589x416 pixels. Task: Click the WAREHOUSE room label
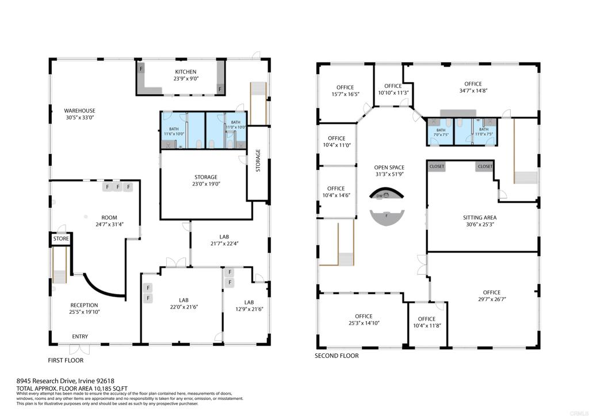79,110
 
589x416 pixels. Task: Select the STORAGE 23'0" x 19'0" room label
205,177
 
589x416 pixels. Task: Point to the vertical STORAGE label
258,161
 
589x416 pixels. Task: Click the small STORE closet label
61,238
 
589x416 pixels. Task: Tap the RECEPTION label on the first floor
84,305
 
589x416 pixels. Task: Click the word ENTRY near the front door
80,337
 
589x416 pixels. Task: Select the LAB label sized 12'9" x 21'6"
249,302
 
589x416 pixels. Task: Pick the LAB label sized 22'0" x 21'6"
183,300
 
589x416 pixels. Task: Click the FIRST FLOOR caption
66,360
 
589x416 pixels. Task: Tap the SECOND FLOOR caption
336,356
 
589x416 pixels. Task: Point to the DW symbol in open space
379,196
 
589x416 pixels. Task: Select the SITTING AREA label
479,218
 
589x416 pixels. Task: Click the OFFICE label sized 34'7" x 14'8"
473,84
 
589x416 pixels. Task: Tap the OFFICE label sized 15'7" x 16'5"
346,87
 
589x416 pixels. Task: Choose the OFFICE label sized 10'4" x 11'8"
427,319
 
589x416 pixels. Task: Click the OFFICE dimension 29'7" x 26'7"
492,299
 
